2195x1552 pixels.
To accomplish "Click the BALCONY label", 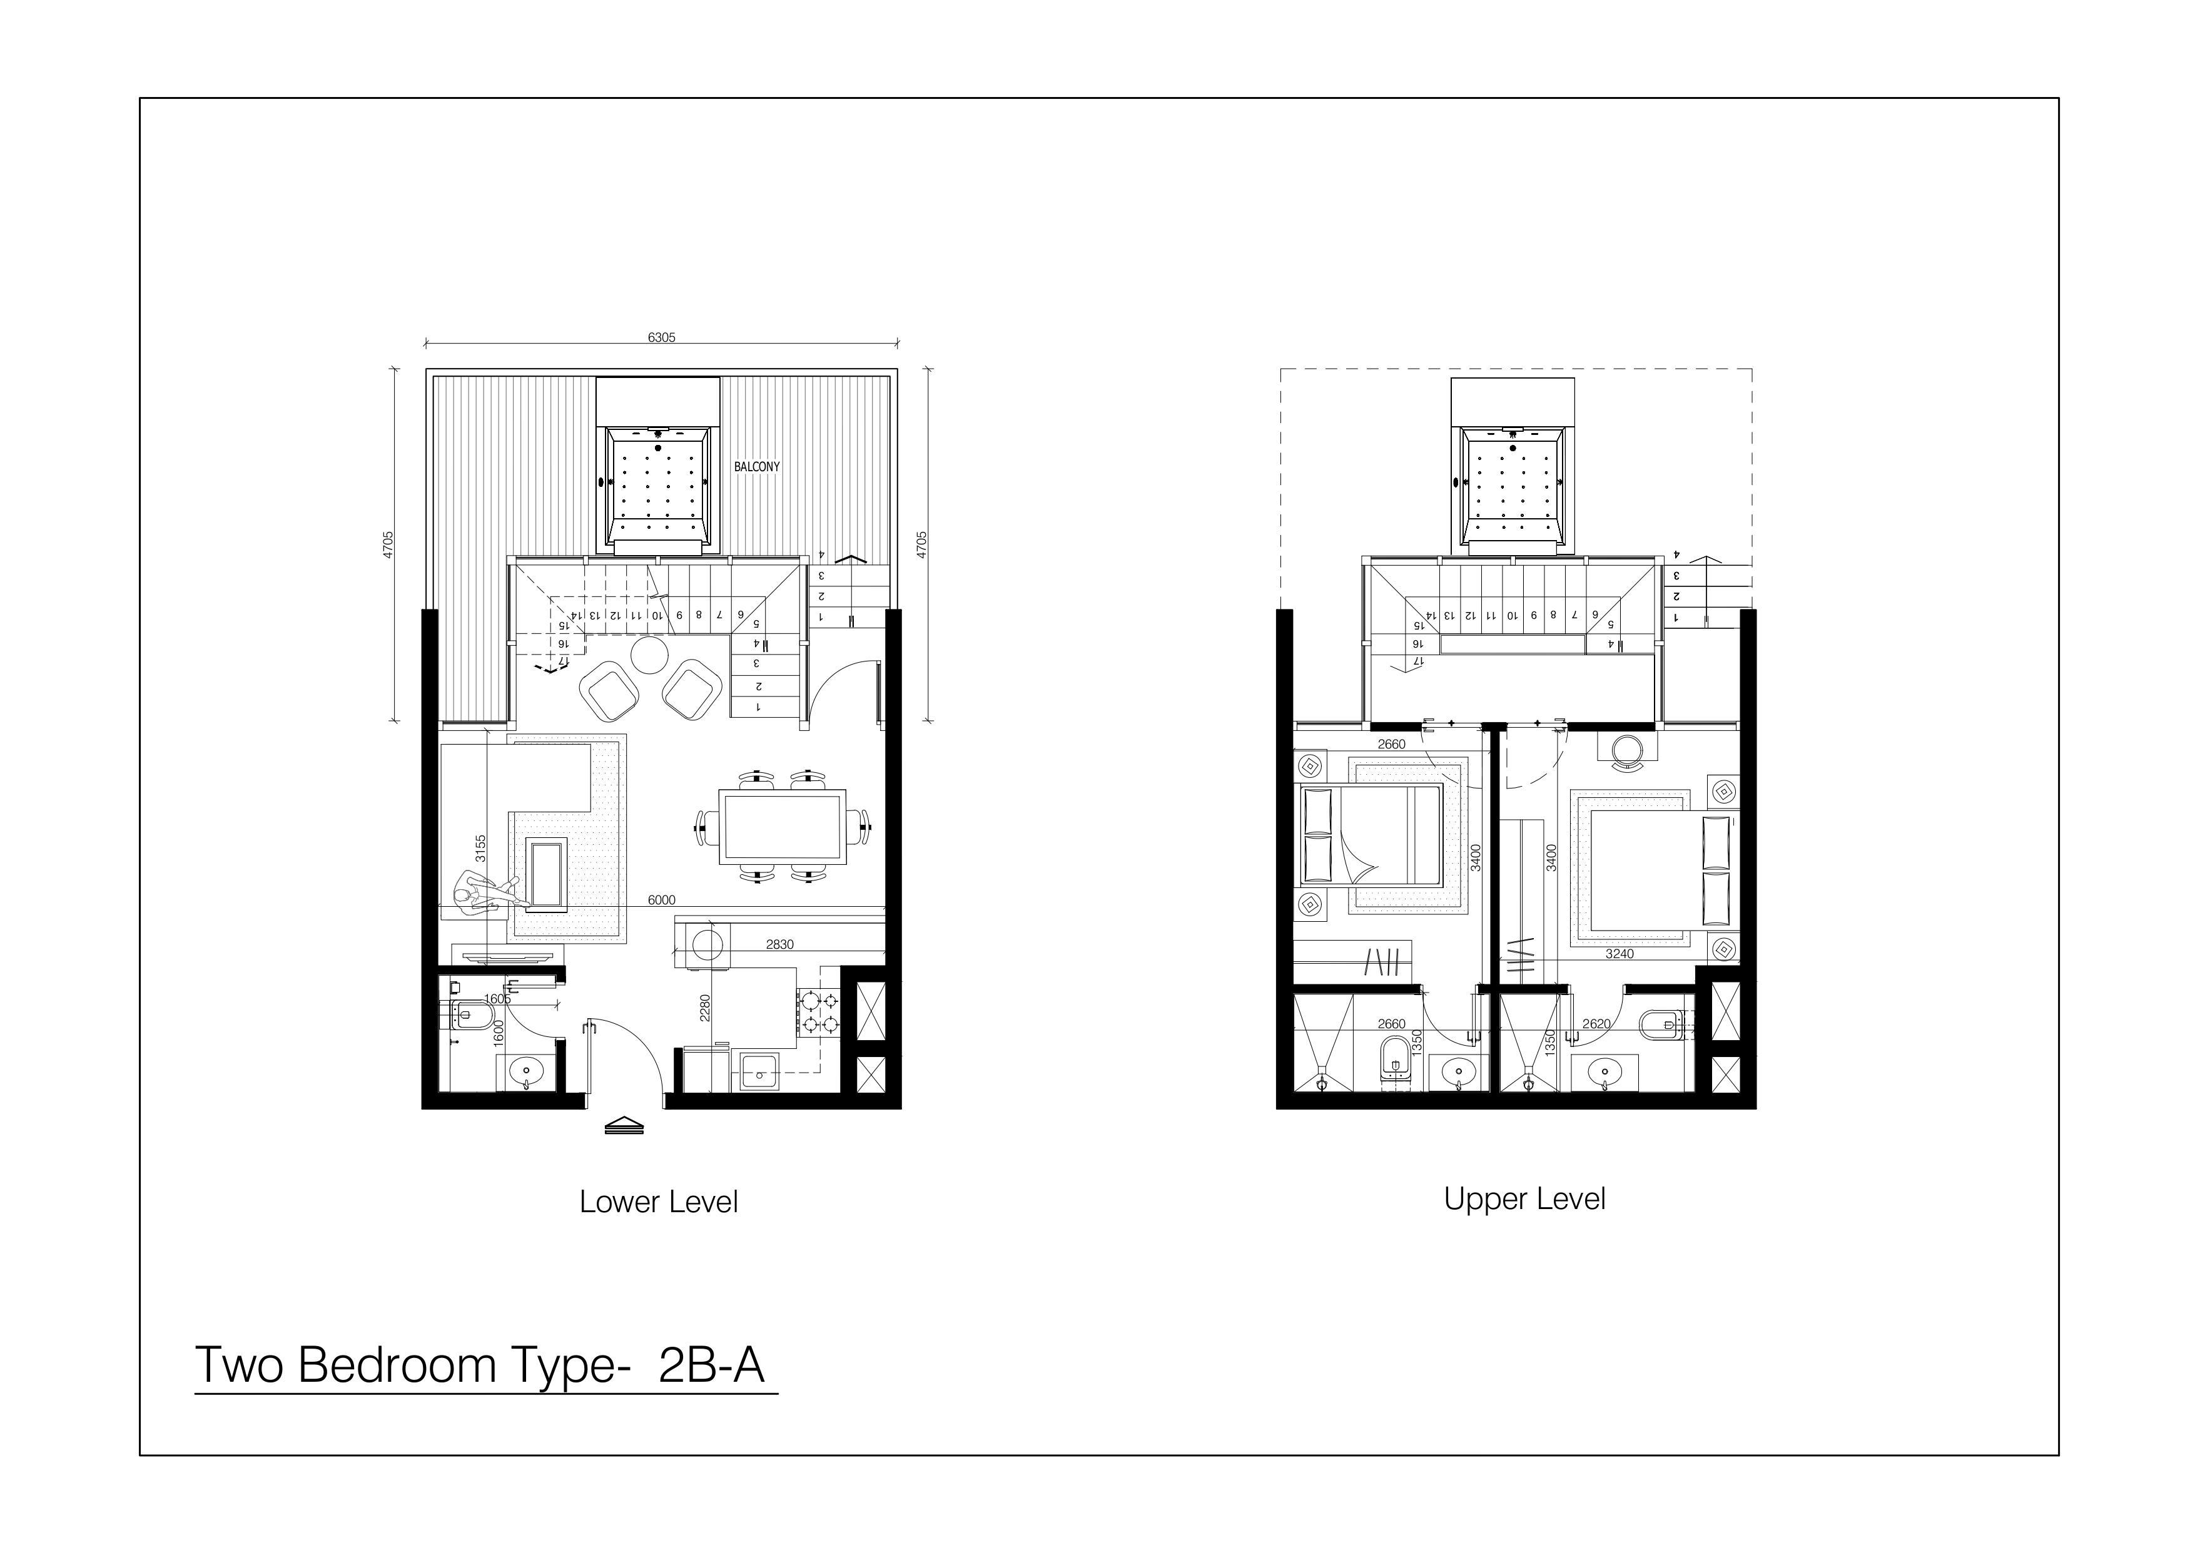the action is click(x=756, y=467).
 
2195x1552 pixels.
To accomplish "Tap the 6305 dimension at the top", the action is click(x=662, y=337).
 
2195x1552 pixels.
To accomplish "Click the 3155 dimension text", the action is click(x=481, y=848).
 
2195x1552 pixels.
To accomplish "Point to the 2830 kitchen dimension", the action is click(x=779, y=944).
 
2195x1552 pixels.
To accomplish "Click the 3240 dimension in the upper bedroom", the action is click(x=1620, y=953).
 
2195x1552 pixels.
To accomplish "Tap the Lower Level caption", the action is click(x=659, y=1202).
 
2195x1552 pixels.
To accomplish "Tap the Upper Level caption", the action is click(x=1525, y=1198).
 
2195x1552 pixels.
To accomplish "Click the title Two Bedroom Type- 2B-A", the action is click(x=480, y=1365).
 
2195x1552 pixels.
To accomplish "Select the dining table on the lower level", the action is click(x=783, y=826).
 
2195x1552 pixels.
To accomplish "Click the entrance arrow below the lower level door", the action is click(x=624, y=1125).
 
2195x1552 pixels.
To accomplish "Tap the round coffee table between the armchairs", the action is click(x=650, y=656).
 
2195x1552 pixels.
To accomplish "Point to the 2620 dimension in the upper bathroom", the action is click(x=1596, y=1023).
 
